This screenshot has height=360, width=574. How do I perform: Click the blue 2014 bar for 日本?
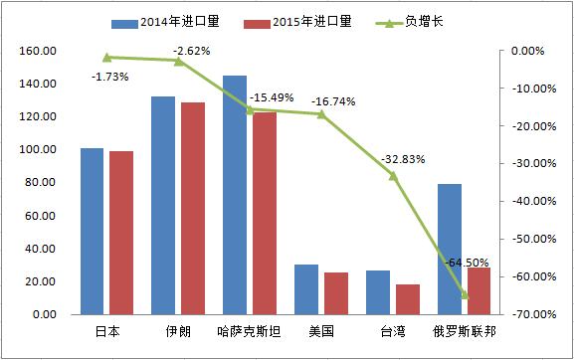[x=92, y=231]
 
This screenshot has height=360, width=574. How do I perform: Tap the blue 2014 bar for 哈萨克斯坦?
[x=235, y=195]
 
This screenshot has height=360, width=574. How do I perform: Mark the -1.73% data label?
[x=109, y=76]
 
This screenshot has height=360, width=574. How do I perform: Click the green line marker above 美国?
[x=320, y=113]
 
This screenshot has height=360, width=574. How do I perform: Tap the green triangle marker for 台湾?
[x=392, y=175]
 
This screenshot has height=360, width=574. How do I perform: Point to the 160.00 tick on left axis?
[x=38, y=51]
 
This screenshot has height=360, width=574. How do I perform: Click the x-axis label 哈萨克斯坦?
[x=249, y=331]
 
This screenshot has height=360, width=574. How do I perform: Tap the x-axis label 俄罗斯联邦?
[x=464, y=331]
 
